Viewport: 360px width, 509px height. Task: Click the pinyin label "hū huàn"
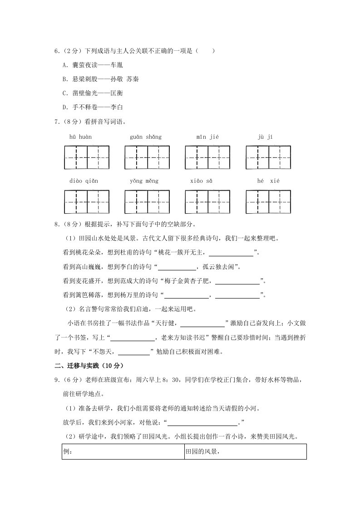[81, 137]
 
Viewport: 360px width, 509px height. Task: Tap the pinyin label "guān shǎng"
[145, 137]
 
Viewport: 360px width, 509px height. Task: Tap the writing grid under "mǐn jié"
[207, 157]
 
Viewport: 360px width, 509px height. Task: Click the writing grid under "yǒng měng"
[147, 201]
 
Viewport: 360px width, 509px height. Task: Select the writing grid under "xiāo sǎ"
[207, 201]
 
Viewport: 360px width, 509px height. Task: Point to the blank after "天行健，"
[203, 324]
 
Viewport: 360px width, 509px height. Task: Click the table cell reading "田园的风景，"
[245, 452]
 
